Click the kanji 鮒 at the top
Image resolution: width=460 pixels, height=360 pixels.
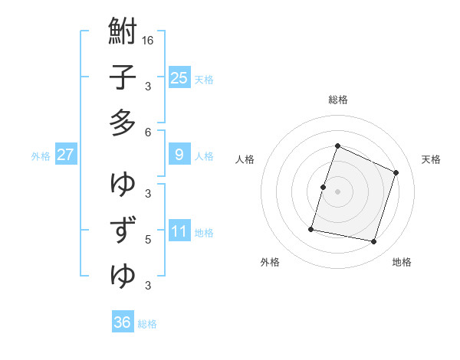123,33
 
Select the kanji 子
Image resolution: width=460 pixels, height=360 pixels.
123,77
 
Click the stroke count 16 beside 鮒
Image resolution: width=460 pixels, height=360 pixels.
148,40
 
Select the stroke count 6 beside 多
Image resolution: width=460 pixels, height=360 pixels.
148,132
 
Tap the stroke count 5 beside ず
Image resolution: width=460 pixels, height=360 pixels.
148,239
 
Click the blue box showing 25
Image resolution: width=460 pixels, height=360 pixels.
179,77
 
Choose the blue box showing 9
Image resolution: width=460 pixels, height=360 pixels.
179,155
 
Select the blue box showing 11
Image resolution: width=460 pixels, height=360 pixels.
179,231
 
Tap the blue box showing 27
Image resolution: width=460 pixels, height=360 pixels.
65,155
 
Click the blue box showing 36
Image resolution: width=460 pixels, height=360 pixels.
122,322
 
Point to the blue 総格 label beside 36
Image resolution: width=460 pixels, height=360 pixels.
147,324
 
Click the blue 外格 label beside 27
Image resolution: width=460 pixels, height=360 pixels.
41,156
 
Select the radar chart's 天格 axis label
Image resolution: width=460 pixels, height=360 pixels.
431,159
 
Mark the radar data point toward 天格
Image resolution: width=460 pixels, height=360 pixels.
396,172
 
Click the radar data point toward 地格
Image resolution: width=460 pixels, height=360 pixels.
374,242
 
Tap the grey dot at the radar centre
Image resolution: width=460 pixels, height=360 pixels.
337,191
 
